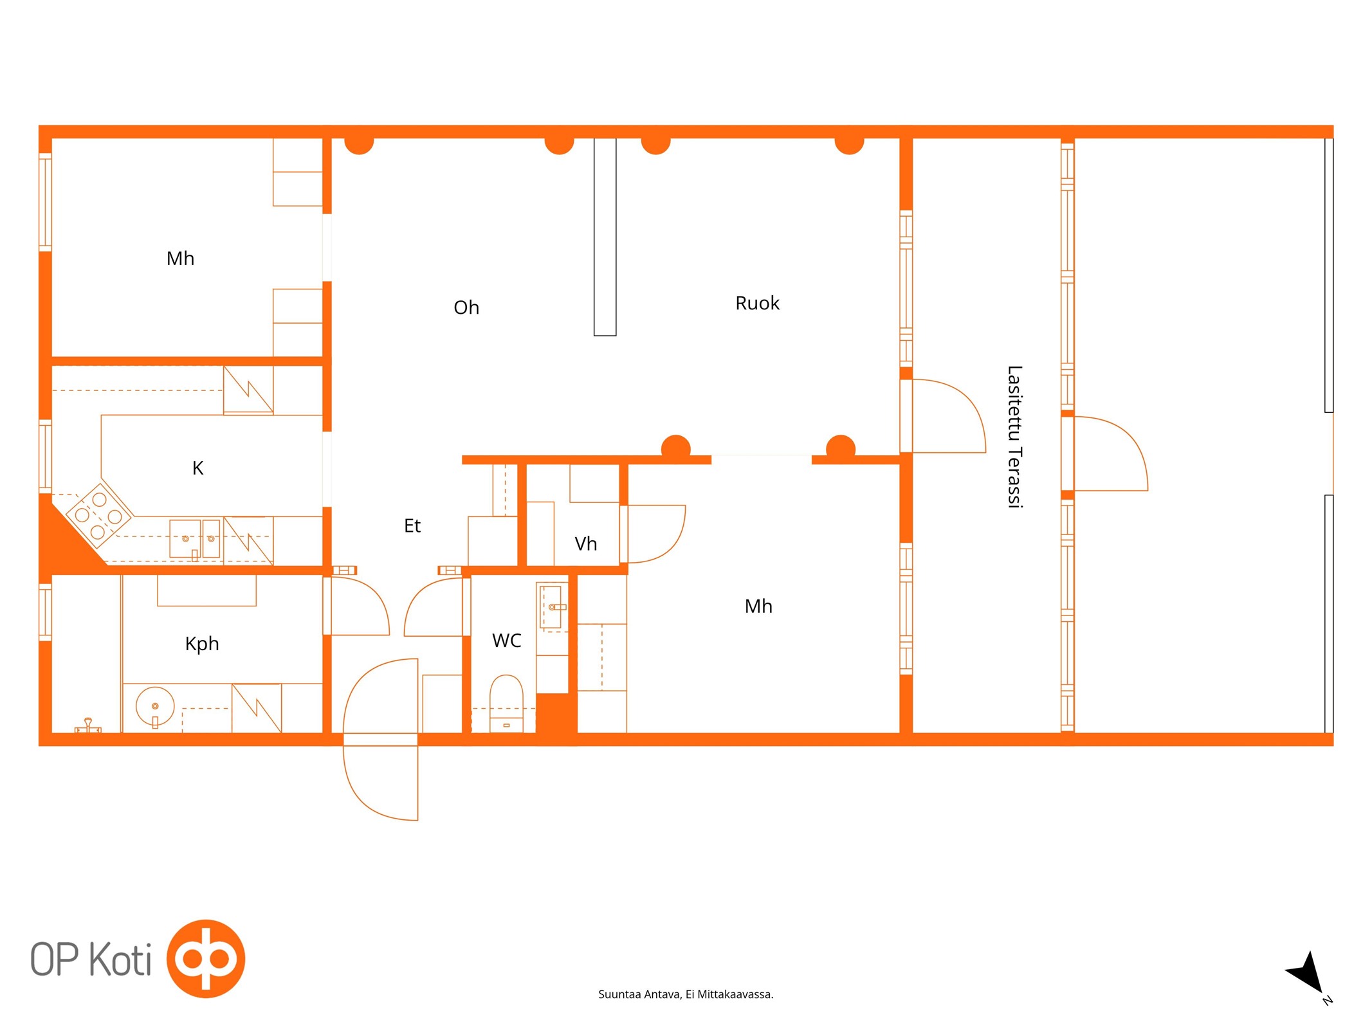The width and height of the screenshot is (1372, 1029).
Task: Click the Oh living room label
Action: [466, 307]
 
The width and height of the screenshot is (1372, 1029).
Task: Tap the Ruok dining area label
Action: [757, 303]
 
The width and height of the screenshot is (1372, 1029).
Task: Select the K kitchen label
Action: [198, 468]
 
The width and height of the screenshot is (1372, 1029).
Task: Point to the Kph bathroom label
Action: [202, 644]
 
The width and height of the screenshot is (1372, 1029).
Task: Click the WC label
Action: [507, 641]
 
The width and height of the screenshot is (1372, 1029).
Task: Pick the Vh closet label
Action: [586, 544]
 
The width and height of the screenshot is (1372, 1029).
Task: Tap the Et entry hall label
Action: [412, 526]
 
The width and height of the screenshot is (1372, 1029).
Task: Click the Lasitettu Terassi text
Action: [1014, 437]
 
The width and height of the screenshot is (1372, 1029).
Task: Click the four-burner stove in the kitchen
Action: [98, 516]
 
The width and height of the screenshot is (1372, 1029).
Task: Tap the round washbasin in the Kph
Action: [155, 707]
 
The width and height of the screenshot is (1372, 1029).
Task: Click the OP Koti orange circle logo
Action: [206, 958]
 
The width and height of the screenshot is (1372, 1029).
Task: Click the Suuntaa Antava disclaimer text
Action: [686, 994]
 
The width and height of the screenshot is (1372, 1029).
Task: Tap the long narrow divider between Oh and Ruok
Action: [605, 237]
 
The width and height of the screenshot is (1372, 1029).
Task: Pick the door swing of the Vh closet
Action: [656, 534]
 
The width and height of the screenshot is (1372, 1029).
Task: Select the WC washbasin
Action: [553, 606]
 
